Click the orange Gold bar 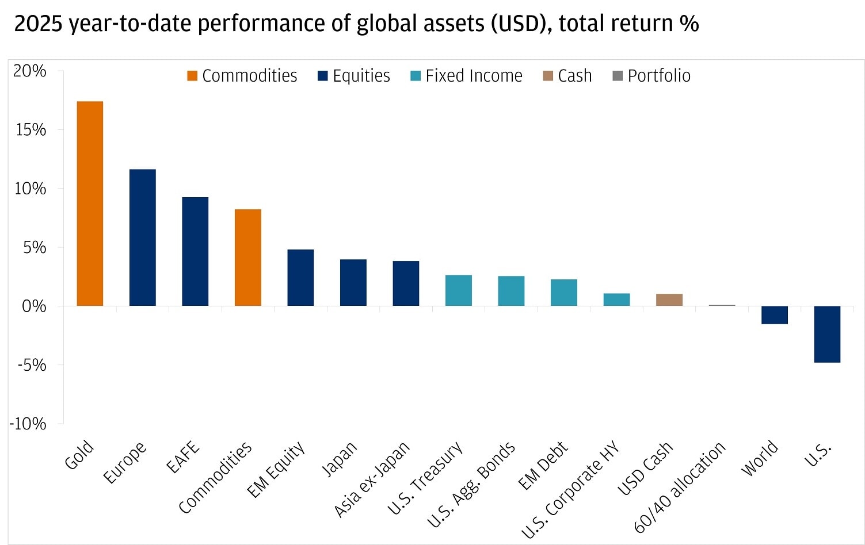coord(90,204)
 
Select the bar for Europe coord(142,237)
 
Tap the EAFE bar coord(195,251)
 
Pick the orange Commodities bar coord(247,258)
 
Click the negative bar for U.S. coord(827,334)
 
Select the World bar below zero coord(774,315)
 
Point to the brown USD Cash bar coord(669,300)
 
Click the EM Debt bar coord(563,293)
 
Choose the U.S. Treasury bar coord(458,290)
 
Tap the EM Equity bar coord(300,278)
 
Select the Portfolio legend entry coord(651,76)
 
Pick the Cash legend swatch coord(548,76)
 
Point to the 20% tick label coord(31,71)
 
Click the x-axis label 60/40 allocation coord(680,488)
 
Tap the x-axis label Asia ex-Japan coord(372,479)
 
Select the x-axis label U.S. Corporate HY coord(570,490)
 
